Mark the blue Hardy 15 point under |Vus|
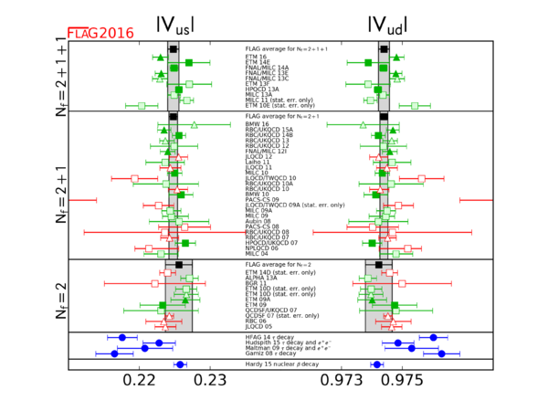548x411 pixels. pyautogui.click(x=180, y=364)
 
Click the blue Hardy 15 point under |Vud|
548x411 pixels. pyautogui.click(x=376, y=364)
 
